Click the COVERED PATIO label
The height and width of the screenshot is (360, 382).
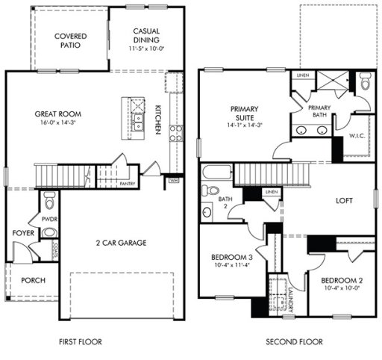pyautogui.click(x=69, y=40)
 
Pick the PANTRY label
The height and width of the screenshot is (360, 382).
pyautogui.click(x=127, y=182)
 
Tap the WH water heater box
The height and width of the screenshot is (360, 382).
pyautogui.click(x=174, y=180)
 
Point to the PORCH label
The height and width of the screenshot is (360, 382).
pyautogui.click(x=33, y=280)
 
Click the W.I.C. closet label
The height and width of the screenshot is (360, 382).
pyautogui.click(x=357, y=136)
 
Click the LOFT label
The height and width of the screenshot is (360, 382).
pyautogui.click(x=344, y=201)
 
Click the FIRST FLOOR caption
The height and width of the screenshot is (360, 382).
pyautogui.click(x=80, y=342)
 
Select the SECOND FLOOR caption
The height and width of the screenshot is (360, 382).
pyautogui.click(x=294, y=342)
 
